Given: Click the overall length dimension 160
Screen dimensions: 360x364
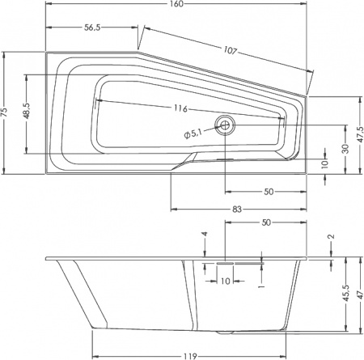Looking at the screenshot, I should pyautogui.click(x=177, y=5).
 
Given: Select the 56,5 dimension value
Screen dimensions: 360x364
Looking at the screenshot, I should pyautogui.click(x=97, y=27).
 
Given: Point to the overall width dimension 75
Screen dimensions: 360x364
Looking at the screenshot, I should pyautogui.click(x=6, y=112).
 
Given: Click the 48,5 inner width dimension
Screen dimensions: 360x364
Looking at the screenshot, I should pyautogui.click(x=28, y=112).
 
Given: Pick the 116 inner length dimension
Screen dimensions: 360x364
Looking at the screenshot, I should pyautogui.click(x=180, y=109).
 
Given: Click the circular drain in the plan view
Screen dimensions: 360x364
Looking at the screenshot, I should pyautogui.click(x=224, y=124).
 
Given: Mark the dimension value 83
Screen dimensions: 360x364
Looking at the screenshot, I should pyautogui.click(x=238, y=210).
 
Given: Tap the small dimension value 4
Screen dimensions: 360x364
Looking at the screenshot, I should pyautogui.click(x=205, y=235).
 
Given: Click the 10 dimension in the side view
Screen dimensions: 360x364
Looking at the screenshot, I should pyautogui.click(x=225, y=281).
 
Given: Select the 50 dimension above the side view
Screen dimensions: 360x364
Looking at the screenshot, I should pyautogui.click(x=265, y=222).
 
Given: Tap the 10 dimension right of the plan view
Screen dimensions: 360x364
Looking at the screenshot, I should pyautogui.click(x=324, y=163).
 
